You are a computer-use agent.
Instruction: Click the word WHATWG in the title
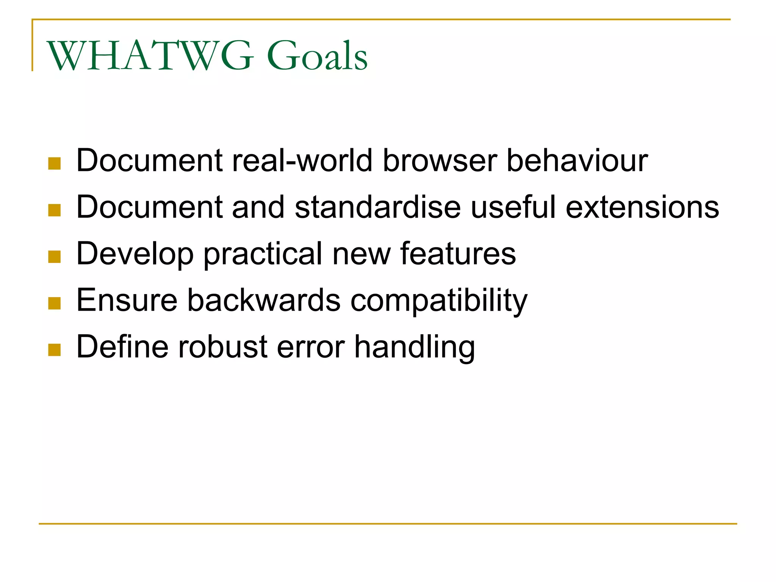click(x=150, y=56)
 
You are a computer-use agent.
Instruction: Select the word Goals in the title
click(x=317, y=56)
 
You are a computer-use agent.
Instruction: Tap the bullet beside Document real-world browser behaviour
click(x=55, y=164)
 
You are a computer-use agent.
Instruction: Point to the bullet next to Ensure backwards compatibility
click(x=55, y=303)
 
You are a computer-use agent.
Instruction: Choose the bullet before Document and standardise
click(x=55, y=210)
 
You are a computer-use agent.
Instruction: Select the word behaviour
click(x=577, y=161)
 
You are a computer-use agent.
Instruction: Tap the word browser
click(x=440, y=161)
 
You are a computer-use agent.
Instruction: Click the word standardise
click(x=378, y=207)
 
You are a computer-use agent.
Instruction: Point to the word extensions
click(x=642, y=207)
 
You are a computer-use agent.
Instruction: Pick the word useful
click(x=513, y=207)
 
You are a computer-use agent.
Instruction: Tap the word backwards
click(x=264, y=300)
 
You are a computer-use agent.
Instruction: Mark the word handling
click(x=414, y=348)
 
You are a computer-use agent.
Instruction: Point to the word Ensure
click(x=127, y=300)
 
